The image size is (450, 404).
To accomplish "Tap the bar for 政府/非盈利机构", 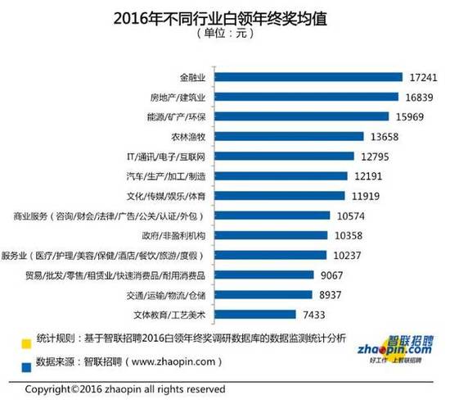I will click(268, 235).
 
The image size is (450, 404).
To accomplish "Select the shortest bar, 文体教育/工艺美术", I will click(256, 314).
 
